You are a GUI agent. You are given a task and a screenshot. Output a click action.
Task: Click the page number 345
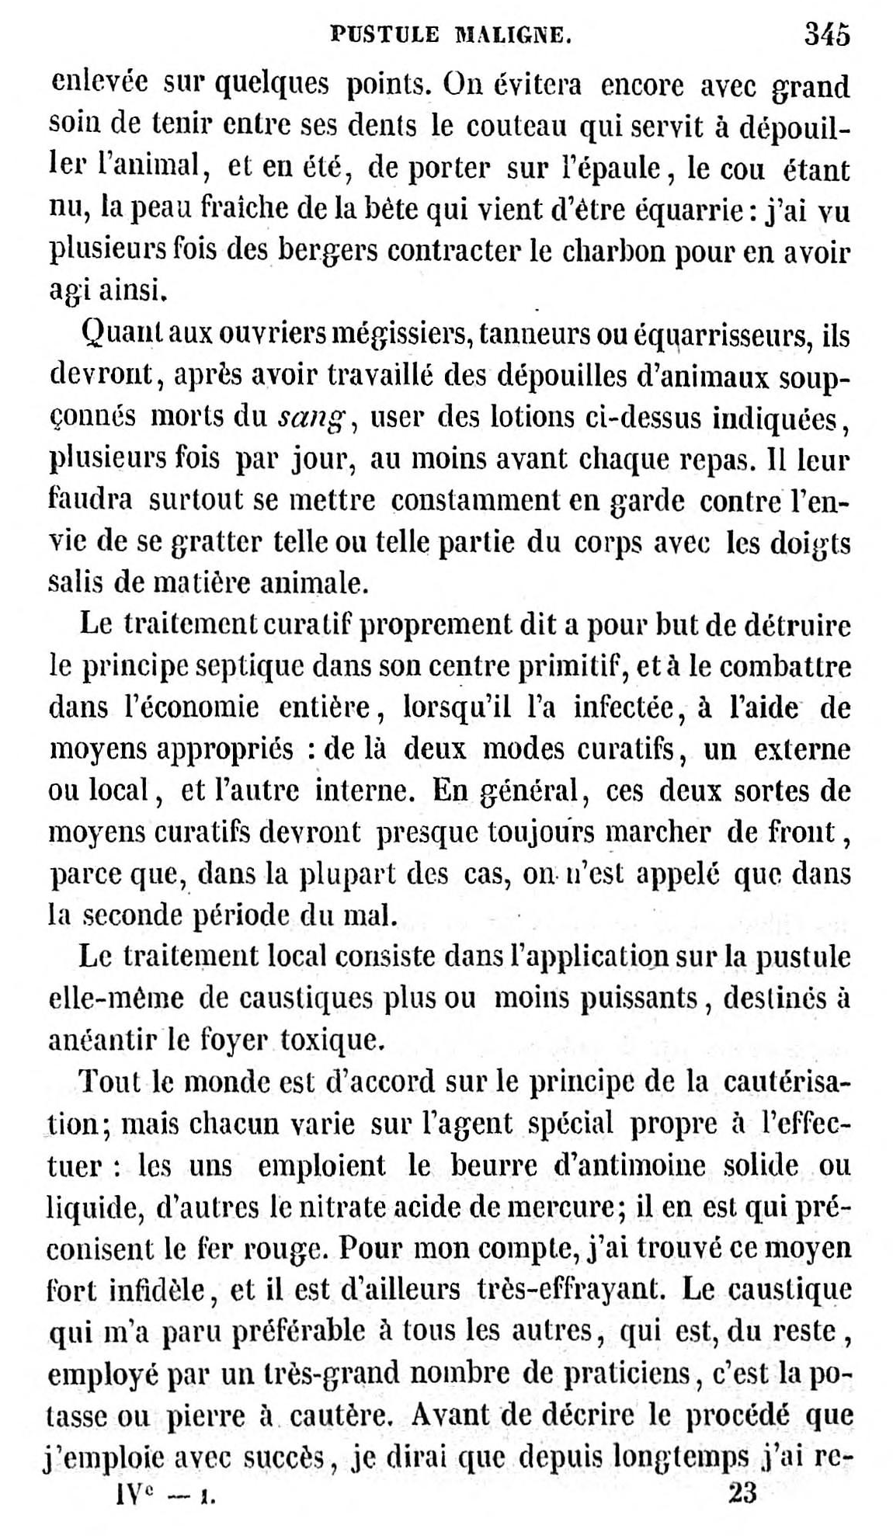[x=827, y=34]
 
